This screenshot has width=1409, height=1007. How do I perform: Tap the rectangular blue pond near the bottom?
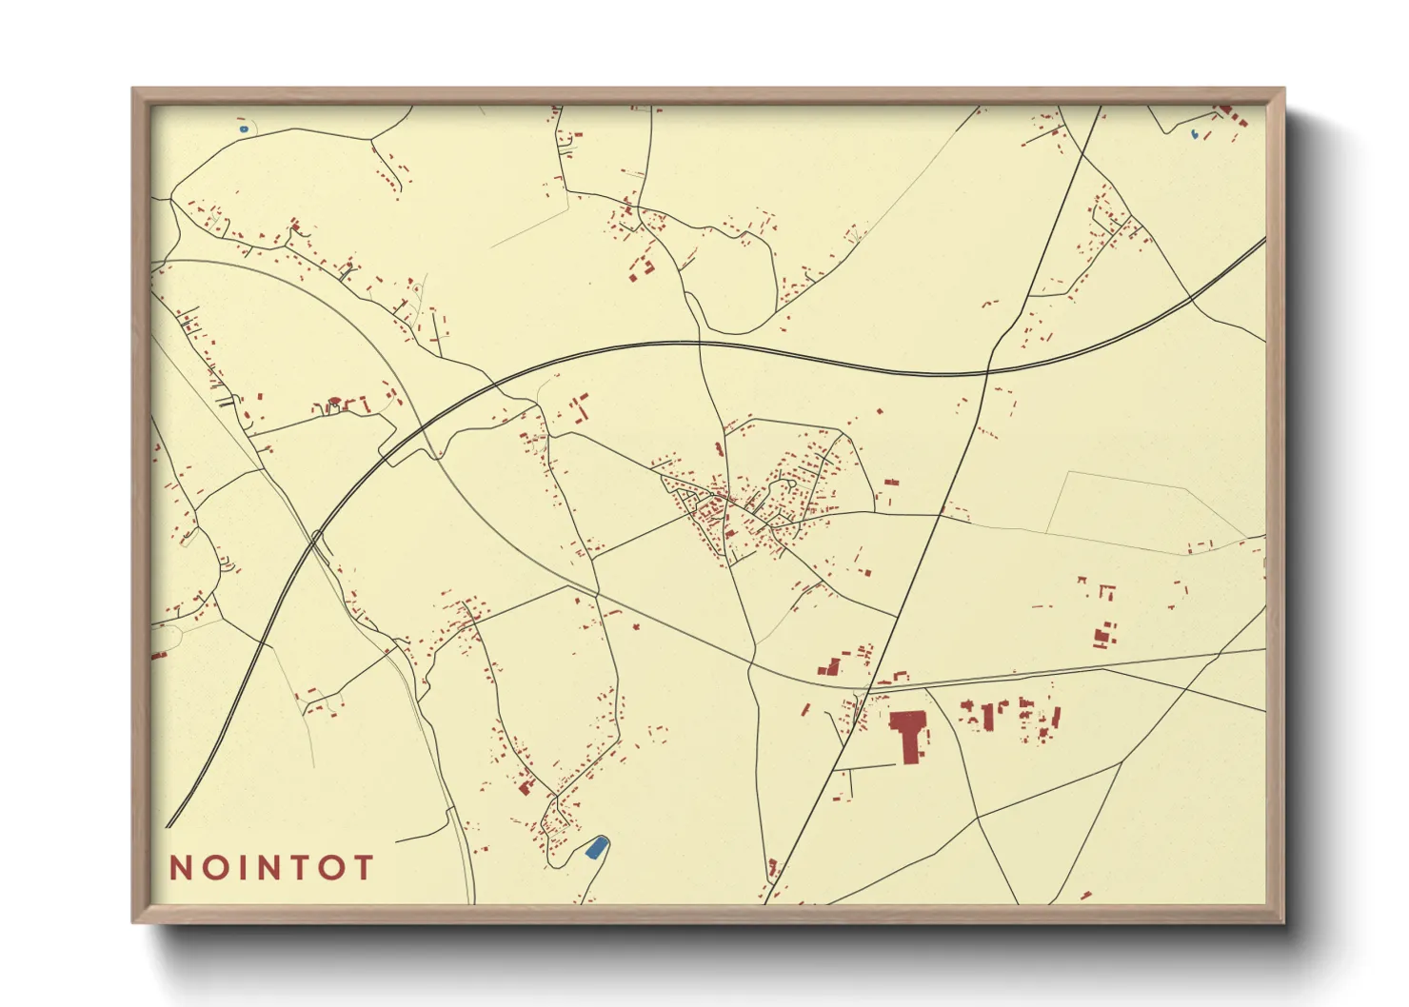tap(595, 847)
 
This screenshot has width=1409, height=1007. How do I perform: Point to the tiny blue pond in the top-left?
tap(244, 128)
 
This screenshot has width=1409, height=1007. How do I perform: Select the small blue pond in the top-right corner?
tap(1195, 134)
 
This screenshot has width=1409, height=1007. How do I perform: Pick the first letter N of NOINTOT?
tap(180, 868)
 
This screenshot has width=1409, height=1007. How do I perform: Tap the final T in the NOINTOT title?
tap(363, 868)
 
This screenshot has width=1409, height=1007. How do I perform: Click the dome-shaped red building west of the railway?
tap(333, 404)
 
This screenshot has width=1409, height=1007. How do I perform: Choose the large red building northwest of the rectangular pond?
tap(525, 786)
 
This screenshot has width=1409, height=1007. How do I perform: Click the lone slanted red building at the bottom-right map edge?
tap(1085, 896)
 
